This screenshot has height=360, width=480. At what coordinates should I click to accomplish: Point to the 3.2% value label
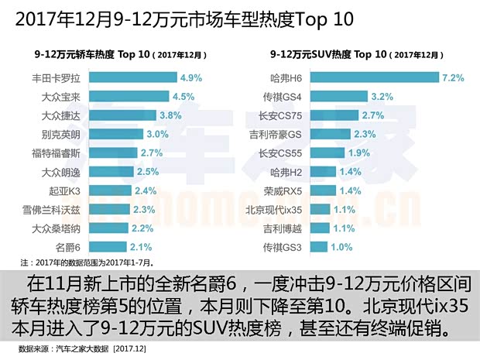(x=383, y=97)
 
